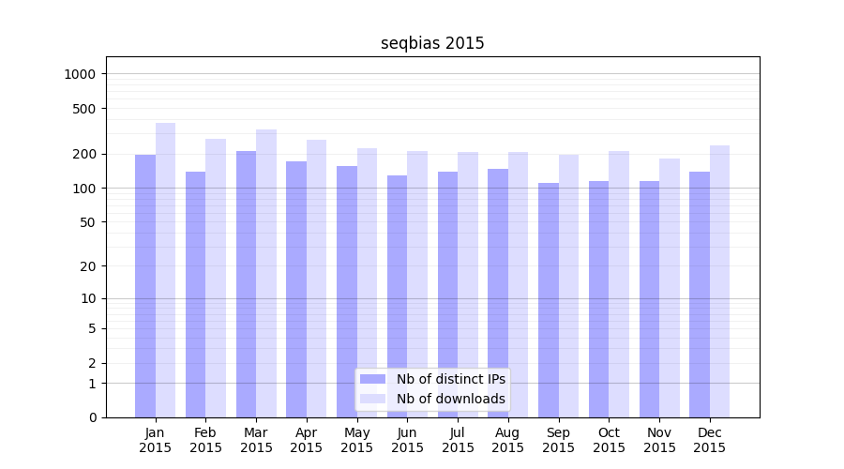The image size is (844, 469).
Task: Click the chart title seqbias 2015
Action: coord(432,43)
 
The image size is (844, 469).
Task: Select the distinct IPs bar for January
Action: coord(145,286)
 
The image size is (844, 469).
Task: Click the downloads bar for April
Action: coord(316,279)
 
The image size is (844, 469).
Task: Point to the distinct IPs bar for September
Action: coord(549,300)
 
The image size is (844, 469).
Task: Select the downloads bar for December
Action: coord(719,281)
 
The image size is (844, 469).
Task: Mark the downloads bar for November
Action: coord(669,288)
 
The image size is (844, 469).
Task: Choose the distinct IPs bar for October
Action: coord(598,299)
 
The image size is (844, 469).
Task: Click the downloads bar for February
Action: coord(216,278)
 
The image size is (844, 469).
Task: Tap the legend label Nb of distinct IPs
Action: coord(451,379)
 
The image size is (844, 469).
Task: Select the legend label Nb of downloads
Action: coord(451,399)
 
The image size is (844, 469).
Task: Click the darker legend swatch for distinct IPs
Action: coord(372,379)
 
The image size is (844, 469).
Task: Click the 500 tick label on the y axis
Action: coord(85,109)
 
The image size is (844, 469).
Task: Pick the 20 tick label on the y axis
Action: coord(88,266)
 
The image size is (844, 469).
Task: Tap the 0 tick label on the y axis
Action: coord(92,417)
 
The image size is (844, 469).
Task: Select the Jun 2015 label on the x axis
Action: coord(407,440)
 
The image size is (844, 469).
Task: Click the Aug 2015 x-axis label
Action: coord(507,440)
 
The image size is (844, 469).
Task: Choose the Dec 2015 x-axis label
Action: coord(709,440)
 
